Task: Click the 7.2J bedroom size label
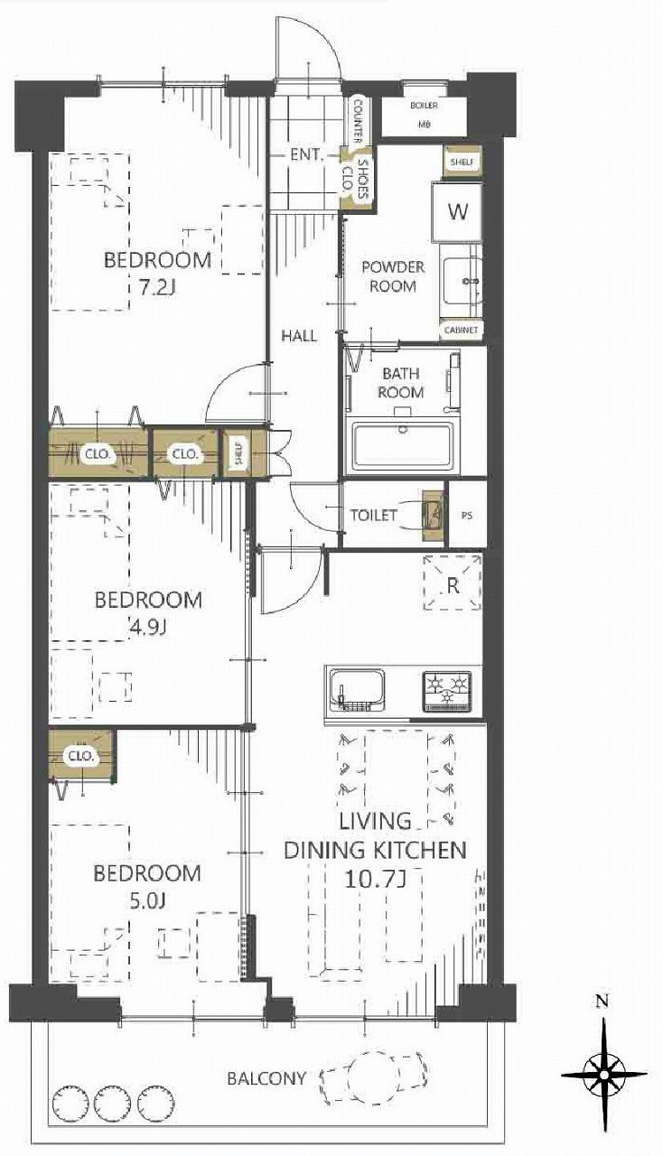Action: click(158, 286)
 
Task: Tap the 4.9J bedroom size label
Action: click(147, 628)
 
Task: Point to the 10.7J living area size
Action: click(376, 879)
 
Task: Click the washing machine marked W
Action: click(457, 211)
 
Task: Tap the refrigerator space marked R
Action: click(453, 583)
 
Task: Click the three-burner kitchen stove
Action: click(447, 692)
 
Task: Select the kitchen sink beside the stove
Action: click(358, 692)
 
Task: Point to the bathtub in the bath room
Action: click(403, 448)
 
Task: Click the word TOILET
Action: click(374, 515)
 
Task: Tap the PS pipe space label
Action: click(467, 516)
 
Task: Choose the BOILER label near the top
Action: click(424, 106)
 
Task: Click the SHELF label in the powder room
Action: click(462, 162)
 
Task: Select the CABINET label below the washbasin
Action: click(461, 330)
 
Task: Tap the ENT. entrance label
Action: click(307, 154)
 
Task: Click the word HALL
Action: click(299, 336)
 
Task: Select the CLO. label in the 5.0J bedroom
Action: click(81, 757)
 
